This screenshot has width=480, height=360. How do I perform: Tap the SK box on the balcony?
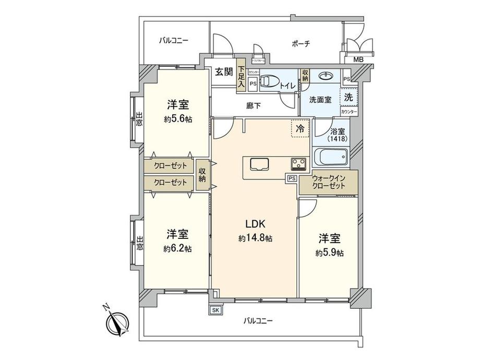click(215, 309)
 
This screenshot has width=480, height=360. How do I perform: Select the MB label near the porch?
click(359, 59)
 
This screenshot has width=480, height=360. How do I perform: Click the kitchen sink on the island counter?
click(258, 164)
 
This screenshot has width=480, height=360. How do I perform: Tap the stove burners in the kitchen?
click(298, 164)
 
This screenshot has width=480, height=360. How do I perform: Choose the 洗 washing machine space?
click(349, 96)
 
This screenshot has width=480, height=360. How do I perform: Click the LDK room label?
click(256, 224)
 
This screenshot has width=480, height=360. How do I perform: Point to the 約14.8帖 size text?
click(256, 238)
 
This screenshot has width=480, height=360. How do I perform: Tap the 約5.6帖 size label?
click(177, 119)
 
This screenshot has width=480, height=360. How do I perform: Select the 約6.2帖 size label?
click(177, 249)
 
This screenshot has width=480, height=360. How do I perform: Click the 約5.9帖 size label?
click(329, 253)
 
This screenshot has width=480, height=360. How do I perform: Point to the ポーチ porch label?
click(298, 44)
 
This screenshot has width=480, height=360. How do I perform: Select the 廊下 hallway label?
click(254, 106)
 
